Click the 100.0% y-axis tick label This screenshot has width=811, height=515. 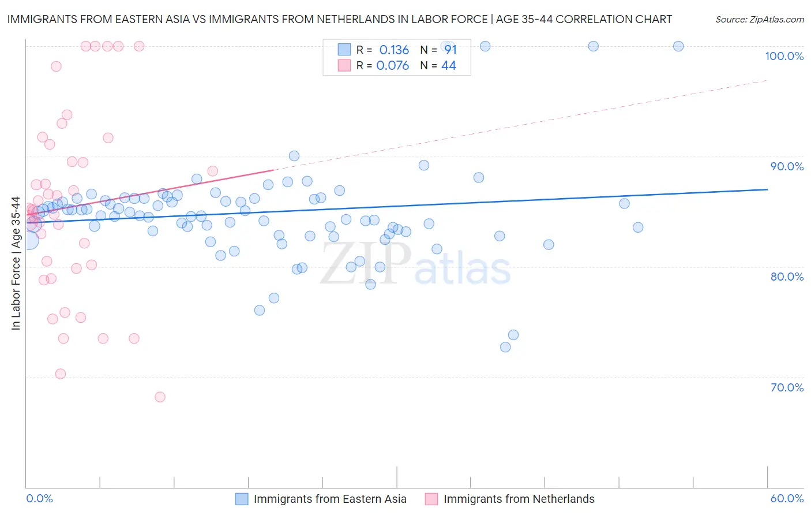784,56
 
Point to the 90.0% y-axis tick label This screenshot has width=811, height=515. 787,166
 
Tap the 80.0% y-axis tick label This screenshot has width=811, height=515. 787,277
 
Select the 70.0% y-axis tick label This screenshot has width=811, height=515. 787,387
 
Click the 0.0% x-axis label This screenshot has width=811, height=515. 39,498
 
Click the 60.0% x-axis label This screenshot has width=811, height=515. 787,498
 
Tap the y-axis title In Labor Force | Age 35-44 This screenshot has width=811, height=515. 16,263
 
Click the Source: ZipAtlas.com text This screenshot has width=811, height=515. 759,20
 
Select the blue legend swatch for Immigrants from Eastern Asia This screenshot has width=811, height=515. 242,499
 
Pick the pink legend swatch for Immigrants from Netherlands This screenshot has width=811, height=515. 431,499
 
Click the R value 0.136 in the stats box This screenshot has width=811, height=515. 394,50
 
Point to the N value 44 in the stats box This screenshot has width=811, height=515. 448,66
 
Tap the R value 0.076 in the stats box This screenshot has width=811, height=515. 392,66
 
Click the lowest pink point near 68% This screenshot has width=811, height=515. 160,397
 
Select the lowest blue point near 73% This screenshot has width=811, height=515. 505,347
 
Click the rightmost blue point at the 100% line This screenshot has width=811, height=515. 678,46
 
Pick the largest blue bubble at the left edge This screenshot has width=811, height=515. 29,240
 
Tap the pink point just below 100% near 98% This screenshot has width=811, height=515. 56,66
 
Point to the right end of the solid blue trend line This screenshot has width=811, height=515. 767,189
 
